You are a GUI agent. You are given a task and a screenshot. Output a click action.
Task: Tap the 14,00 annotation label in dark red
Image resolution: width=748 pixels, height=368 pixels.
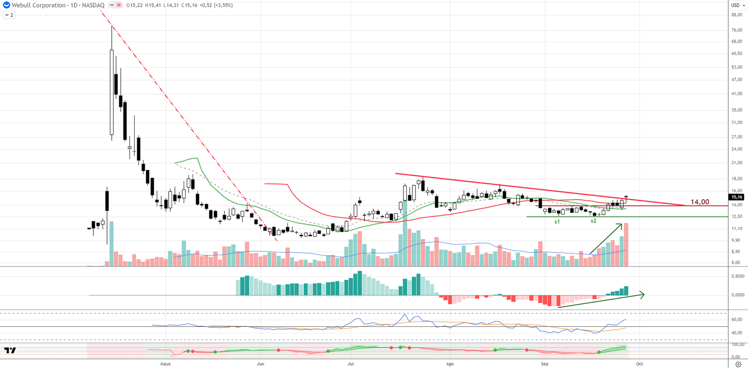click(x=699, y=202)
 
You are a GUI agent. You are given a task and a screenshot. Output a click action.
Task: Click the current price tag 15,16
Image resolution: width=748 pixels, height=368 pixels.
click(x=737, y=197)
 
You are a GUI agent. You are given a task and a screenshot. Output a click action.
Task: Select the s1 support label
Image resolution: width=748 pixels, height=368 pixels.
click(x=557, y=222)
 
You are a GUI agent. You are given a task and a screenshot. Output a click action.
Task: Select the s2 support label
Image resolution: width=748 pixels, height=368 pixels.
click(x=593, y=221)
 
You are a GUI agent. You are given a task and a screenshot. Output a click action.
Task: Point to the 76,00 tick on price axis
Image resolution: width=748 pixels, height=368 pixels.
click(x=737, y=30)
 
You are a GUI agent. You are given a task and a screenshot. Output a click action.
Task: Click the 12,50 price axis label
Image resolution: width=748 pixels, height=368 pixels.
click(x=737, y=216)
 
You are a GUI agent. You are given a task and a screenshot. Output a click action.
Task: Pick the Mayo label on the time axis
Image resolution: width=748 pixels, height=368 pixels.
click(x=165, y=364)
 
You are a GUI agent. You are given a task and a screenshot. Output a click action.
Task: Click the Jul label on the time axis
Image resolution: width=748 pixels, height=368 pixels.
click(x=351, y=364)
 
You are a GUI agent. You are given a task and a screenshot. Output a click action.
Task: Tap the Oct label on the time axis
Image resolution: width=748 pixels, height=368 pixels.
click(x=640, y=364)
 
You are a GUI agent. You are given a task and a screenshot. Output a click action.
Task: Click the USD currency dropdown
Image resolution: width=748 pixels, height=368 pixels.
click(x=737, y=5)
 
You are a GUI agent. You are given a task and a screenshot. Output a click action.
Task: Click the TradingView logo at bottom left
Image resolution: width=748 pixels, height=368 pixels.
click(x=10, y=350)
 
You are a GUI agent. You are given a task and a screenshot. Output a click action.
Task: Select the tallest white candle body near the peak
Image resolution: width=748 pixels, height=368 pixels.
click(x=112, y=92)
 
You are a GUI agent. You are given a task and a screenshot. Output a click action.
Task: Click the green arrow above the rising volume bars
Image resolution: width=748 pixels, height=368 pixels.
click(x=606, y=239)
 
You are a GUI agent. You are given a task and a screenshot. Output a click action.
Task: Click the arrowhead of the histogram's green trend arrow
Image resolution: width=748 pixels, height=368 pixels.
click(x=643, y=295)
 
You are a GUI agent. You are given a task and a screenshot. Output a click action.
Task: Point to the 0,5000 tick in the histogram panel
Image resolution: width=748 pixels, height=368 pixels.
click(x=738, y=276)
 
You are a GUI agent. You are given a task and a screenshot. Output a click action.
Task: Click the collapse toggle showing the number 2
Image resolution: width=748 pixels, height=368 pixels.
click(x=9, y=15)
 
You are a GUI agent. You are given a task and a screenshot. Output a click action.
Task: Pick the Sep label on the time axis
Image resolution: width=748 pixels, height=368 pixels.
click(x=545, y=364)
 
